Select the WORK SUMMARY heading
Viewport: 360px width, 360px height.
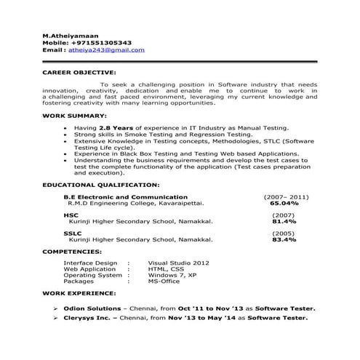pyautogui.click(x=75, y=116)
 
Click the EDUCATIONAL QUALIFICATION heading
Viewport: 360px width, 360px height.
pyautogui.click(x=101, y=185)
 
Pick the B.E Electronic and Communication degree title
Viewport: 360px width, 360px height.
pyautogui.click(x=125, y=197)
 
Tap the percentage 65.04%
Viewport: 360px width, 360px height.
pyautogui.click(x=284, y=204)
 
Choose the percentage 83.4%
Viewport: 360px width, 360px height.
pyautogui.click(x=284, y=239)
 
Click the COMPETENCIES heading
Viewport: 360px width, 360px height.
pyautogui.click(x=72, y=251)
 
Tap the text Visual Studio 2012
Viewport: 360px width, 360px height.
pyautogui.click(x=179, y=263)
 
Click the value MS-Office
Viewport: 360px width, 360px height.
pyautogui.click(x=166, y=281)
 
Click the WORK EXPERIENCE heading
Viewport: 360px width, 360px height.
pyautogui.click(x=78, y=293)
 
